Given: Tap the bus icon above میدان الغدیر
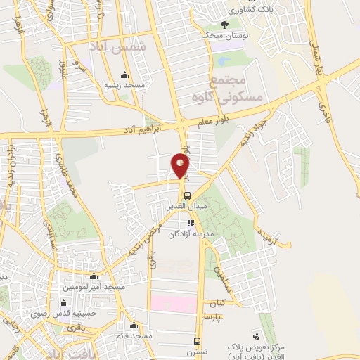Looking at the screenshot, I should [187, 196].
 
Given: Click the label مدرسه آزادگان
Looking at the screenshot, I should [194, 233].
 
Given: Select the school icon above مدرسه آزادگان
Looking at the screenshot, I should [191, 223].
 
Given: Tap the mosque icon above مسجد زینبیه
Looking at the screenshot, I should [125, 75].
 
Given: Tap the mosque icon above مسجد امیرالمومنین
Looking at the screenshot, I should [94, 276].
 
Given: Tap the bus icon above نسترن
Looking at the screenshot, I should [198, 342].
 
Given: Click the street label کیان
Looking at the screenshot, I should [217, 304].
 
